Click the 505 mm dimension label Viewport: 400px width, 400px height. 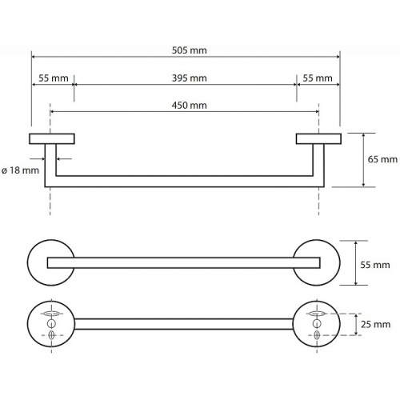click(x=189, y=50)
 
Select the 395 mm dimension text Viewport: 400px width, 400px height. click(x=189, y=78)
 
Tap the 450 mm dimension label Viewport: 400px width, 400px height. click(x=189, y=106)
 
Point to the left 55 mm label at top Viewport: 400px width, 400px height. click(x=54, y=78)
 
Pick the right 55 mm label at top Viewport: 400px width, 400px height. click(x=318, y=78)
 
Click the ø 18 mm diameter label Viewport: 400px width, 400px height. click(x=20, y=170)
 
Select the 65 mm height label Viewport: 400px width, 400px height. click(x=382, y=159)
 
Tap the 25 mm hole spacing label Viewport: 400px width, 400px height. click(x=375, y=324)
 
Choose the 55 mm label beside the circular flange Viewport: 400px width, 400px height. click(x=375, y=265)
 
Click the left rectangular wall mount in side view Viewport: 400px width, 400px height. click(x=52, y=138)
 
